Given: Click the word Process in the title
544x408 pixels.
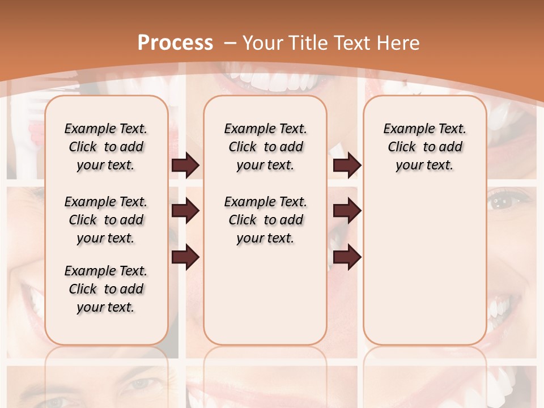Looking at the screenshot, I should coord(175,43).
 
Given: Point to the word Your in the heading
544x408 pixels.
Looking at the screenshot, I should coord(264,43).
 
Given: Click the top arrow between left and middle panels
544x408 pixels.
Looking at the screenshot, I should coord(185,165).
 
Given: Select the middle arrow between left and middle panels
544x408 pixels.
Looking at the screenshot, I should coord(185,211).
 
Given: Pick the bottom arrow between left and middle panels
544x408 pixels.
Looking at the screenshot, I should coord(185,257).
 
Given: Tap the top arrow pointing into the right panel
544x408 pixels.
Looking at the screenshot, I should coord(347,165).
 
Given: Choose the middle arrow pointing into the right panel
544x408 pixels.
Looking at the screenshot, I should coord(347,211).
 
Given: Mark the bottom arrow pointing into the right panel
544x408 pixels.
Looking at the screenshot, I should coord(347,257).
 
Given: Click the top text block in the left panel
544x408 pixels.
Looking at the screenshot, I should coord(106,147).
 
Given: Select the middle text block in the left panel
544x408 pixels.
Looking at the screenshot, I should coord(106,220).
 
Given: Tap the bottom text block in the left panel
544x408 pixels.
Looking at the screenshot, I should coord(106,289).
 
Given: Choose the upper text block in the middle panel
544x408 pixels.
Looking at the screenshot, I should coord(265,147).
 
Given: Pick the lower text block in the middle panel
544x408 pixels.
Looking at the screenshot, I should coord(265,220).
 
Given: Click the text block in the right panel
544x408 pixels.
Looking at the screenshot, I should coord(424,147).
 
